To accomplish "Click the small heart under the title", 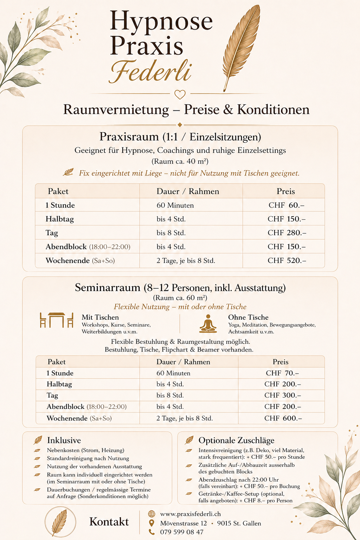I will (x=180, y=94).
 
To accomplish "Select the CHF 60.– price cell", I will (x=286, y=205).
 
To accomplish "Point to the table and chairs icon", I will (x=57, y=320).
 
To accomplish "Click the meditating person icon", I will (x=208, y=324).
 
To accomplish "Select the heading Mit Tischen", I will (x=100, y=317).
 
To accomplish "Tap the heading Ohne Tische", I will (x=248, y=317).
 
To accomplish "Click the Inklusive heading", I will (x=64, y=441).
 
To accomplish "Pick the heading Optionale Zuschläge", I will (x=236, y=441).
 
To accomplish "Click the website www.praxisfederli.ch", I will (x=191, y=514).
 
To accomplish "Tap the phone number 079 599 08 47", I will (x=182, y=532).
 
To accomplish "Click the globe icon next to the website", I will (x=152, y=514).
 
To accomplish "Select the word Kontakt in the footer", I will (x=109, y=522).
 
